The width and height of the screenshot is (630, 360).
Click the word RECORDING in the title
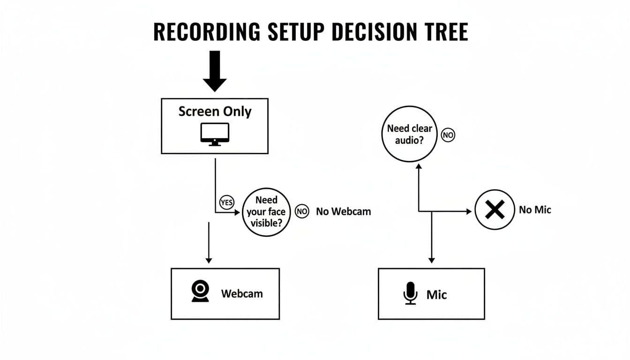click(x=207, y=32)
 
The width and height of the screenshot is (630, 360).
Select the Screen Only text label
click(x=215, y=112)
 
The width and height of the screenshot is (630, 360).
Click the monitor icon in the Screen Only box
click(x=215, y=134)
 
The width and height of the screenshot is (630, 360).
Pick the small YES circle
click(x=226, y=202)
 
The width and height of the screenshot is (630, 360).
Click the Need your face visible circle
click(x=266, y=211)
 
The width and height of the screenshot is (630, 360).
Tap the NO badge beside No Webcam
click(x=302, y=211)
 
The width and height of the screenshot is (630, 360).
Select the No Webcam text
click(x=343, y=211)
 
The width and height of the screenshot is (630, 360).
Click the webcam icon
click(x=200, y=292)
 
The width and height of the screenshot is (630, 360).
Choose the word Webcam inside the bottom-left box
click(x=242, y=294)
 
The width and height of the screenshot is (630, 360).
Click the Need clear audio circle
click(x=410, y=135)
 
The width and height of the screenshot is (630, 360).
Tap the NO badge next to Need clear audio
click(x=448, y=135)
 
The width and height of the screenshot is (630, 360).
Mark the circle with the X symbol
click(x=495, y=210)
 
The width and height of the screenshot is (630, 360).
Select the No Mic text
click(x=535, y=210)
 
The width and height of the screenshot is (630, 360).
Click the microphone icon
click(x=410, y=293)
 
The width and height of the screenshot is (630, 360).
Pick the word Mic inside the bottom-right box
click(x=436, y=294)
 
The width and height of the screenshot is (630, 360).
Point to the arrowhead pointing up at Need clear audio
click(x=419, y=166)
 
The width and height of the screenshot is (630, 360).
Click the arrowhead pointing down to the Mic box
click(x=432, y=260)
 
